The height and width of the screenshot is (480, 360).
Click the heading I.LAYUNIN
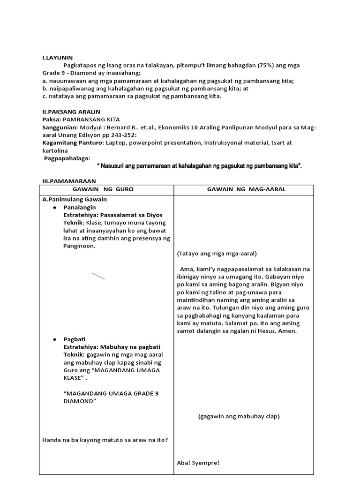point(57,57)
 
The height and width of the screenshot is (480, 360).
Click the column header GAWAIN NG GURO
point(106,189)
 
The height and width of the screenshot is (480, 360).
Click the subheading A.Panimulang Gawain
point(75,199)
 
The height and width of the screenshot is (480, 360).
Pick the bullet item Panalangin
point(80,207)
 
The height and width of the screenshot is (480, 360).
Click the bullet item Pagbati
point(75,339)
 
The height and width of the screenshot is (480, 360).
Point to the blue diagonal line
point(98,276)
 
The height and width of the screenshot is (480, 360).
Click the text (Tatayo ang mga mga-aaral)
point(217,254)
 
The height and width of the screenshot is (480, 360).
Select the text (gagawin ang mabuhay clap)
point(239,416)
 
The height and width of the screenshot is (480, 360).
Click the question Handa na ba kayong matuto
point(105,440)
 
